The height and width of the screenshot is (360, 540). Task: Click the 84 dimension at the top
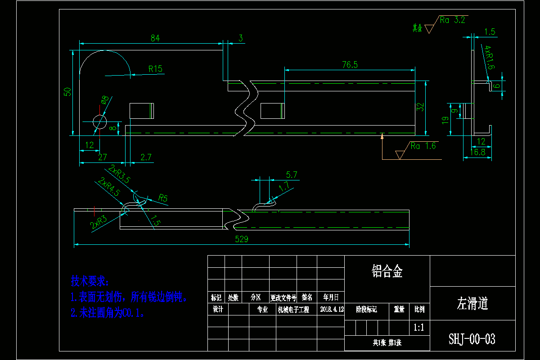click(155, 38)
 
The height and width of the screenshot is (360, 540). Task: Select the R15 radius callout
click(155, 69)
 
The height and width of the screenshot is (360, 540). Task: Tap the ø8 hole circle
click(99, 121)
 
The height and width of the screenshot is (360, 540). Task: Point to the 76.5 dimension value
click(350, 65)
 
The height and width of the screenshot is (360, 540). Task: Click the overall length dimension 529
click(242, 239)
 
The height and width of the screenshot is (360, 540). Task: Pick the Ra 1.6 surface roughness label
click(423, 146)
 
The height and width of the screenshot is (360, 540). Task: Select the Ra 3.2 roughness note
click(452, 20)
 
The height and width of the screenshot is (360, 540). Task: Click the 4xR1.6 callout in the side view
click(489, 58)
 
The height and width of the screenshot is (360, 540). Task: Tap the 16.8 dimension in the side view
click(477, 153)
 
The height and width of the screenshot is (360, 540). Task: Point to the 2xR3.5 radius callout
click(119, 174)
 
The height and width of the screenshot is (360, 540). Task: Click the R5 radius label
click(163, 198)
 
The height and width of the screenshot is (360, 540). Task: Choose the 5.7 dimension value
click(292, 175)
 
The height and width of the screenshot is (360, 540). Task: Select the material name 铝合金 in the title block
click(387, 271)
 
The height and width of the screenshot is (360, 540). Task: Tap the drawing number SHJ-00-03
click(472, 339)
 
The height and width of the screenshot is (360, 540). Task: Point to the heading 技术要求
click(90, 282)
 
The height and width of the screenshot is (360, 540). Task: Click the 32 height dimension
click(421, 107)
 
